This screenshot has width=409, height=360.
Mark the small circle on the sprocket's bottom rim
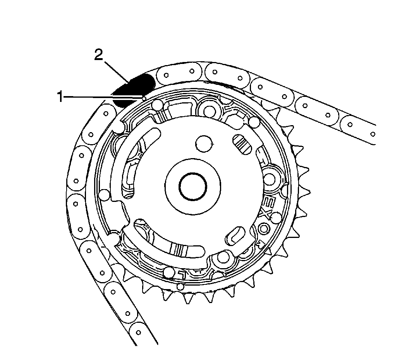(180, 286)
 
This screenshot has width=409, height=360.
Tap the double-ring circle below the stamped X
(265, 229)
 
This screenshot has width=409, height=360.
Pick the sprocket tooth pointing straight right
(306, 169)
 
